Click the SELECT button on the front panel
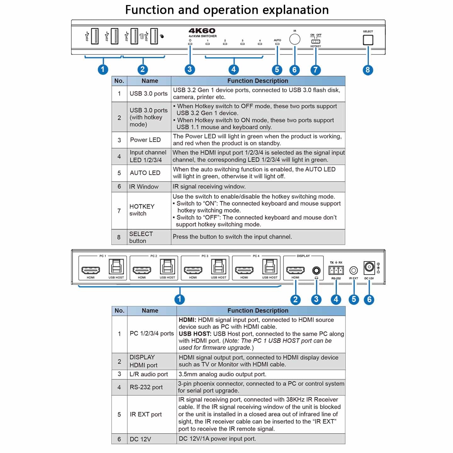coord(368,40)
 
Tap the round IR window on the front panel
coord(295,39)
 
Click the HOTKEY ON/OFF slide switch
coord(316,42)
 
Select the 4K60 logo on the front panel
coord(202,31)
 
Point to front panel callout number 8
coord(367,70)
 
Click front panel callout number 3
coord(189,69)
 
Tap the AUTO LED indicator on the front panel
coord(277,44)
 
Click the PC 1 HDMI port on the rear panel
coord(91,270)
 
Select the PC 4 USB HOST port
coord(270,267)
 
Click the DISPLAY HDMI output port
coord(295,270)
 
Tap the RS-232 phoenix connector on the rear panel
coord(336,270)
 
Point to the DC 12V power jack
coord(369,267)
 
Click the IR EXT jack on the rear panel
coord(354,270)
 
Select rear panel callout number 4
coord(336,299)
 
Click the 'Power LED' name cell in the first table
coord(145,140)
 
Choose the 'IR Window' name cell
coord(144,187)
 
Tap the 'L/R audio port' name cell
coord(149,374)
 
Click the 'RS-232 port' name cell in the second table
coord(146,387)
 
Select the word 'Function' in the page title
coord(150,10)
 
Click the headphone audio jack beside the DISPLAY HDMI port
coord(316,270)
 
